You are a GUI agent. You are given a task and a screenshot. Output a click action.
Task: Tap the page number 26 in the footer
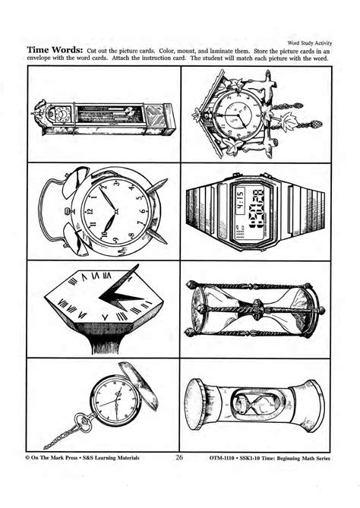pos(179,478)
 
